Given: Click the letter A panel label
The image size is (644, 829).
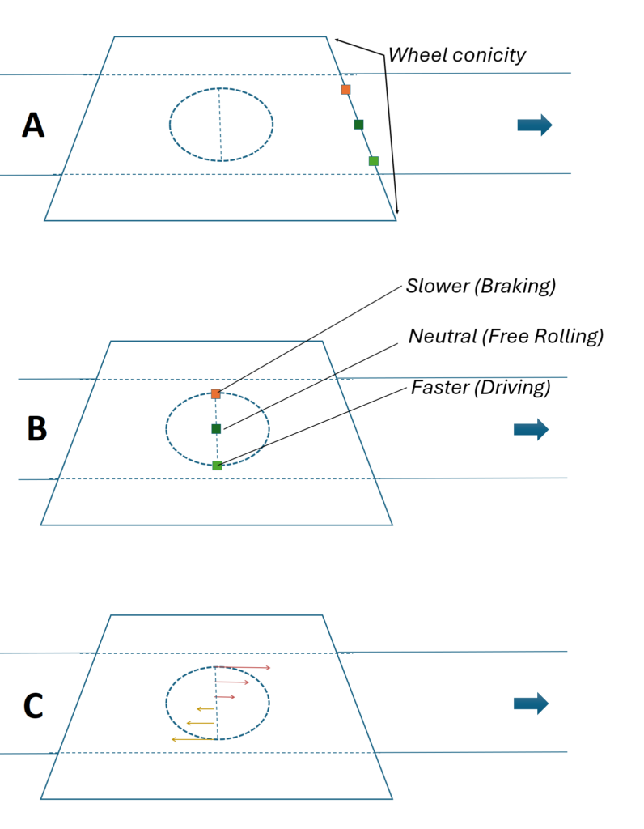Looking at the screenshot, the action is pyautogui.click(x=33, y=125).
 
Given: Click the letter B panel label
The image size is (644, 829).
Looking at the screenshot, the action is pyautogui.click(x=36, y=429).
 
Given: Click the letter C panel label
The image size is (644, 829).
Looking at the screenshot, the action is pyautogui.click(x=33, y=706).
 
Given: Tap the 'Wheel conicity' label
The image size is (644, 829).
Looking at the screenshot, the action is pyautogui.click(x=457, y=55).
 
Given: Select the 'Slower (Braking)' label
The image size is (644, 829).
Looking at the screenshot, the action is pyautogui.click(x=481, y=286).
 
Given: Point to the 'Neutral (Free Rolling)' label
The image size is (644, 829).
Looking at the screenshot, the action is pyautogui.click(x=506, y=336).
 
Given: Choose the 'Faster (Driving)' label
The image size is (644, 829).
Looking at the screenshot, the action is pyautogui.click(x=481, y=388).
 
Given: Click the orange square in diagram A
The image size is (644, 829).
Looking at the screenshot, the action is pyautogui.click(x=346, y=89).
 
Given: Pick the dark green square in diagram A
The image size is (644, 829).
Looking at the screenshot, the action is pyautogui.click(x=358, y=124).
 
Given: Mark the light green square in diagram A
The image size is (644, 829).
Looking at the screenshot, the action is pyautogui.click(x=374, y=161).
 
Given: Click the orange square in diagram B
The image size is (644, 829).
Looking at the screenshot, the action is pyautogui.click(x=215, y=394).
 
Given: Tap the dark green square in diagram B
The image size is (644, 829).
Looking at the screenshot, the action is pyautogui.click(x=216, y=429).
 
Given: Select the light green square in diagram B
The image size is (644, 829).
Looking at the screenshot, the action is pyautogui.click(x=217, y=466).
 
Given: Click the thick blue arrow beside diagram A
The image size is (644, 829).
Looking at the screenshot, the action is pyautogui.click(x=535, y=125).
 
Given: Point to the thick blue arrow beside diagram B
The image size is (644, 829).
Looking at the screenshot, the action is pyautogui.click(x=531, y=429).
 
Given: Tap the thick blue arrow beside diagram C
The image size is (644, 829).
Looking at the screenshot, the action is pyautogui.click(x=531, y=704).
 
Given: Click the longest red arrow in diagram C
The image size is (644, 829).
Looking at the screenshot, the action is pyautogui.click(x=243, y=668).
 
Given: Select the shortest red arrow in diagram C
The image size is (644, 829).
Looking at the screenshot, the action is pyautogui.click(x=225, y=697).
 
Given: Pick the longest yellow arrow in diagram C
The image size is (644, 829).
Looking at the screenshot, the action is pyautogui.click(x=194, y=739).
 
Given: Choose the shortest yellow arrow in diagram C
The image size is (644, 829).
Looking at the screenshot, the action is pyautogui.click(x=205, y=708).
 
